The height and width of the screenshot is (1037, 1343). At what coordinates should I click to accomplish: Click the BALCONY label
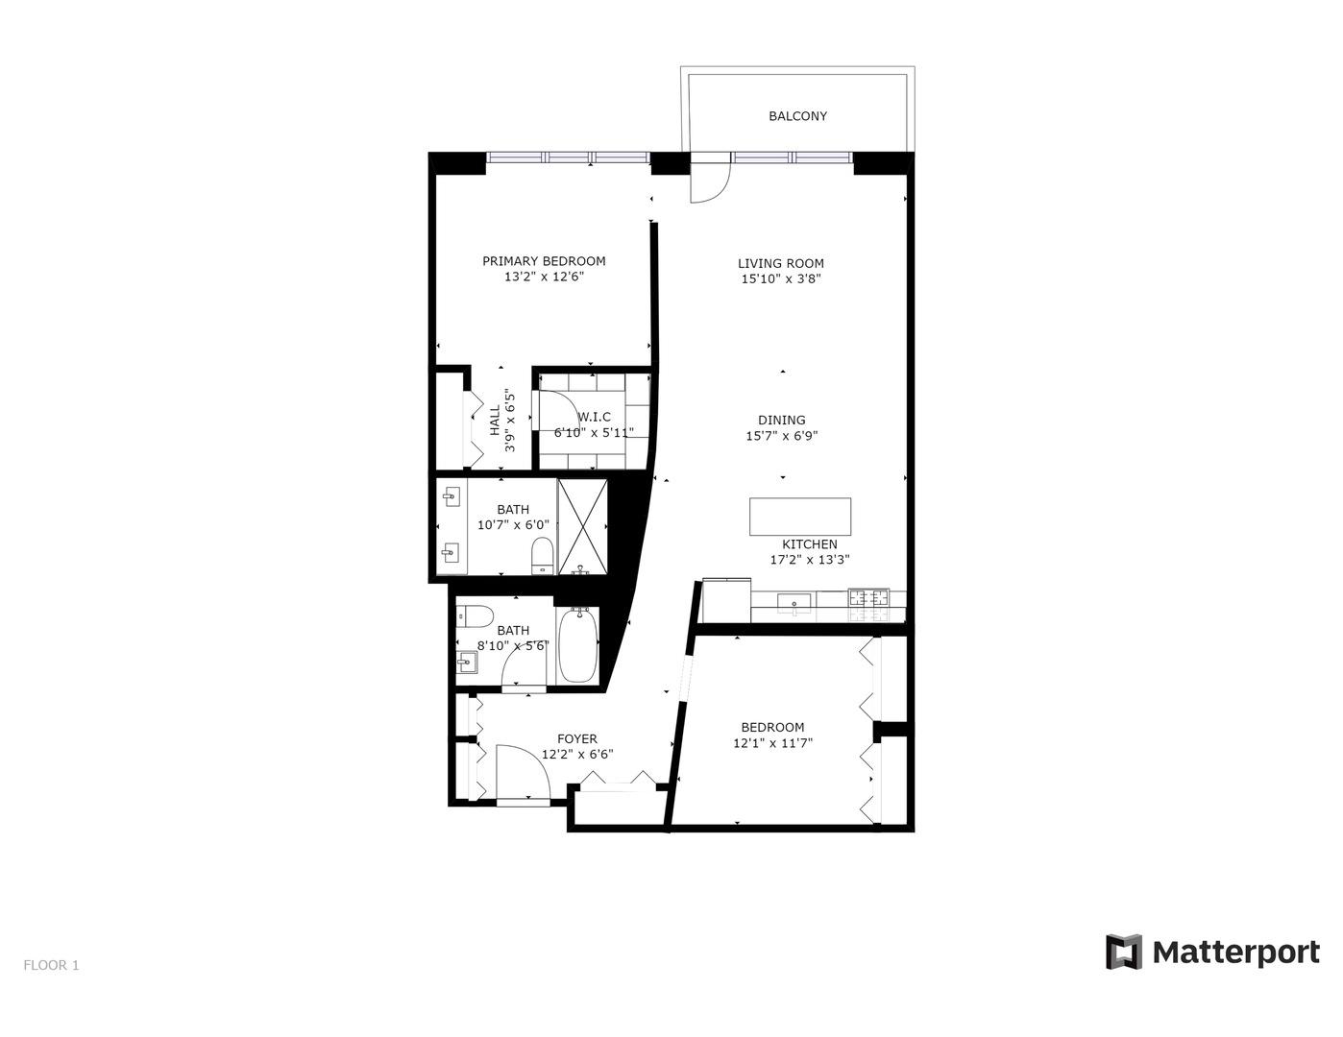click(x=797, y=116)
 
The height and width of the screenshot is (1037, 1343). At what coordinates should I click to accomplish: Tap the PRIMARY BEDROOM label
click(x=544, y=261)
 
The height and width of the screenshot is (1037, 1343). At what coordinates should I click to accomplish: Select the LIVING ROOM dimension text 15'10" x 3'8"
click(x=780, y=279)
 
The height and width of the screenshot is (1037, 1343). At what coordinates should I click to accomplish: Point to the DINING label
click(x=781, y=420)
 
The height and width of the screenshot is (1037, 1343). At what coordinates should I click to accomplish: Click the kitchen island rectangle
click(x=799, y=516)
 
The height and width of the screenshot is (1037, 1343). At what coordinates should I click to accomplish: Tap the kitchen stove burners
click(x=868, y=598)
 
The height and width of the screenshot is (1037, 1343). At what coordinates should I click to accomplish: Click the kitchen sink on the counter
click(x=794, y=602)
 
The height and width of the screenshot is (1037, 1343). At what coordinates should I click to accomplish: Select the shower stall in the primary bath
click(x=583, y=526)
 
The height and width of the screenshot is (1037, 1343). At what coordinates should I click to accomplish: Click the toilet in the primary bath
click(x=542, y=555)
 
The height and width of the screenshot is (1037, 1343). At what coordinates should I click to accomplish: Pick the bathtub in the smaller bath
click(x=578, y=646)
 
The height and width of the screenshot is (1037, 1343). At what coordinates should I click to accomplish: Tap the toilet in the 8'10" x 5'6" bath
click(x=476, y=615)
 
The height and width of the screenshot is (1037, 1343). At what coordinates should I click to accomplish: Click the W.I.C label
click(x=594, y=417)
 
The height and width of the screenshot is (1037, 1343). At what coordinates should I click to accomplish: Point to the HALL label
click(x=495, y=421)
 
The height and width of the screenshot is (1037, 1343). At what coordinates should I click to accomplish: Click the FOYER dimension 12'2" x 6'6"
click(x=576, y=755)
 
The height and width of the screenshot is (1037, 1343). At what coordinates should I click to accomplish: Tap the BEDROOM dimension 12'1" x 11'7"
click(x=772, y=743)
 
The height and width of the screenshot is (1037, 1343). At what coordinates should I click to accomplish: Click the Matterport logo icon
click(x=1123, y=952)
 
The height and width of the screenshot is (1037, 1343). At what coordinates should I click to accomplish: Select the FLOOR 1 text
click(x=51, y=965)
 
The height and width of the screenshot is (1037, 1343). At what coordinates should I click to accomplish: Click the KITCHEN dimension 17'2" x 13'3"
click(x=809, y=560)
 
